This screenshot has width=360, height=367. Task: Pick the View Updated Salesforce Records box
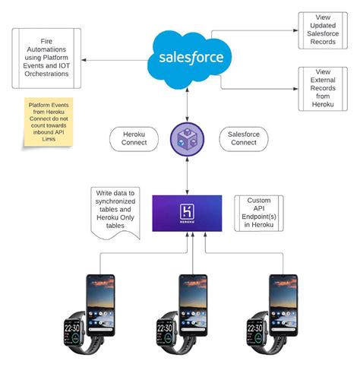317,31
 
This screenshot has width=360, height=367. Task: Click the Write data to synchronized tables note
116,212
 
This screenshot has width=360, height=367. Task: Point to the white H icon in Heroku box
186,211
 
